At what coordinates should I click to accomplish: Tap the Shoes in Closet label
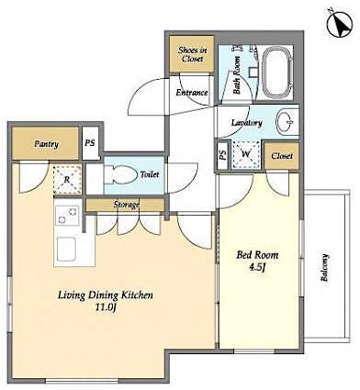pos(191,55)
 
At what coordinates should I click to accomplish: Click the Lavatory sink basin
pos(287,122)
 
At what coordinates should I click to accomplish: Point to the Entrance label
pos(191,93)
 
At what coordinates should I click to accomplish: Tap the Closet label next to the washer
pos(282,156)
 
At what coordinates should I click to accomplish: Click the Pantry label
pos(47,144)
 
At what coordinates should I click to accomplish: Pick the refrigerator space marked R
pos(64,179)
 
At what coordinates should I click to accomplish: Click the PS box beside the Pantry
pos(90,144)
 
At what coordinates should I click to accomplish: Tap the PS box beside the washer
pos(223,155)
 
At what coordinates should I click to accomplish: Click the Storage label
pos(127,205)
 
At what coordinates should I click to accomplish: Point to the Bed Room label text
pos(258,254)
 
